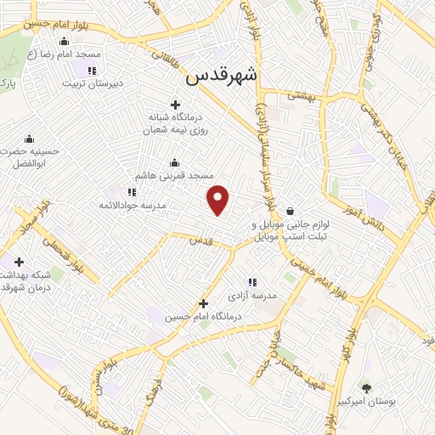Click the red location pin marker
pyautogui.click(x=219, y=200)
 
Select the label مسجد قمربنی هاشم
pyautogui.click(x=178, y=175)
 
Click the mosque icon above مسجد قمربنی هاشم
pyautogui.click(x=175, y=162)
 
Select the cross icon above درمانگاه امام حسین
pyautogui.click(x=202, y=303)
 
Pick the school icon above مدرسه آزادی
pyautogui.click(x=252, y=282)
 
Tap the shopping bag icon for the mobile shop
pyautogui.click(x=291, y=212)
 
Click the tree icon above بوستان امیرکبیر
pyautogui.click(x=366, y=387)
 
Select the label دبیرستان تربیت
pyautogui.click(x=96, y=83)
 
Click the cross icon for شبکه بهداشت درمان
pyautogui.click(x=19, y=262)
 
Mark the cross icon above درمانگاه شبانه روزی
pyautogui.click(x=175, y=104)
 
